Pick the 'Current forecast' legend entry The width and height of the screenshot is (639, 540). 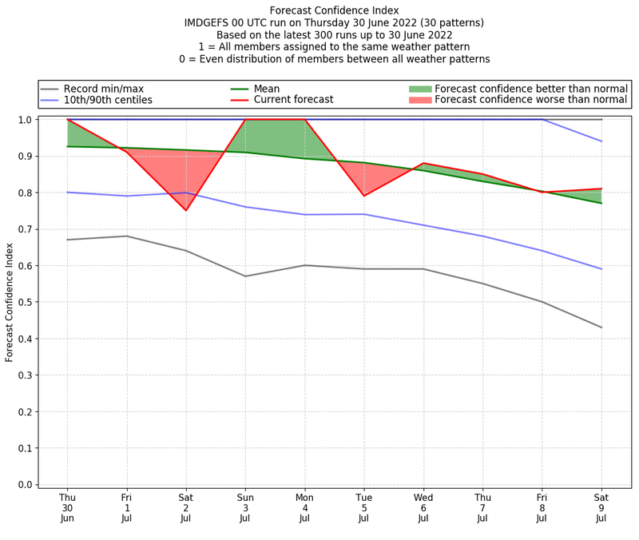click(x=293, y=100)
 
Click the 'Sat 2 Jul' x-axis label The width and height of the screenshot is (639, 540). click(x=186, y=507)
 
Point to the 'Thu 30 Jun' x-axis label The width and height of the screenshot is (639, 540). click(x=67, y=507)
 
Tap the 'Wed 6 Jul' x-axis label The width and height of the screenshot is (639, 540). click(x=423, y=507)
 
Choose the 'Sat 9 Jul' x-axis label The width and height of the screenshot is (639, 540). click(x=601, y=507)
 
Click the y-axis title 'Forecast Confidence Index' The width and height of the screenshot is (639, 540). click(x=10, y=302)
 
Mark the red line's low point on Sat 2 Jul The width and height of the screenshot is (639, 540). click(x=186, y=210)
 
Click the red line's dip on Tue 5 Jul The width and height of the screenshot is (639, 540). click(x=364, y=196)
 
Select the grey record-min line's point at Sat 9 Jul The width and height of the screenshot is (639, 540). click(x=601, y=328)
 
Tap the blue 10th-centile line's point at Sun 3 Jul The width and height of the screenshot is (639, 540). click(x=245, y=207)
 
